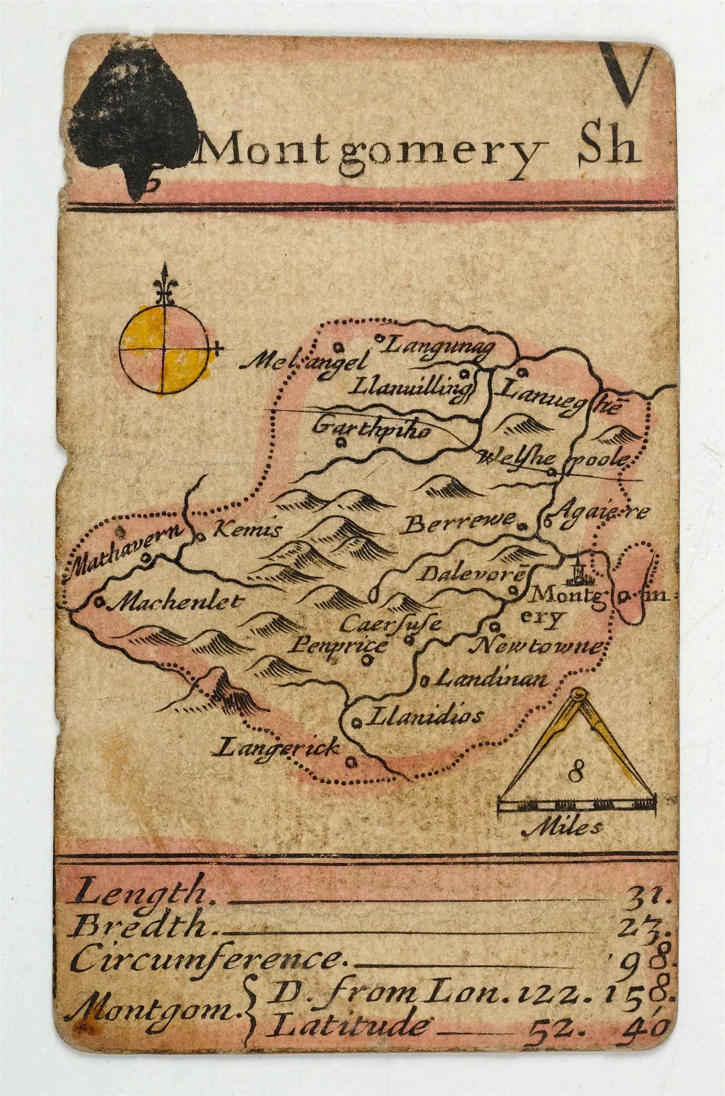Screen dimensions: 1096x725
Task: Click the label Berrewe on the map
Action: pyautogui.click(x=460, y=524)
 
